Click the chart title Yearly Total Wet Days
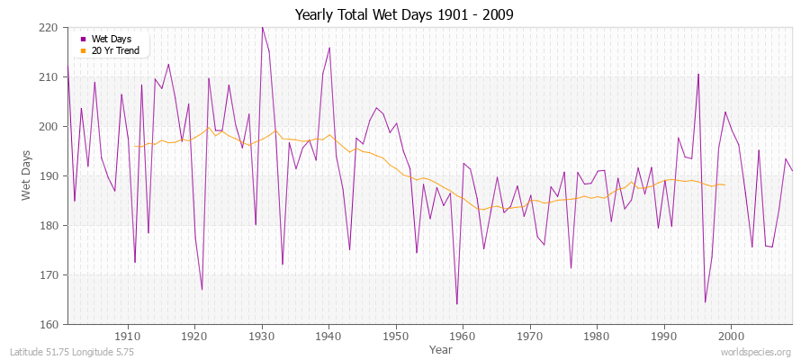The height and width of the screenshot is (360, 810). [x=404, y=15]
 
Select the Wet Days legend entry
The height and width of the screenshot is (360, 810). [x=111, y=40]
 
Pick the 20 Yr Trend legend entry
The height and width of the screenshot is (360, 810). [x=114, y=51]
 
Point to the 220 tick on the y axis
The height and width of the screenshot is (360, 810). [x=49, y=28]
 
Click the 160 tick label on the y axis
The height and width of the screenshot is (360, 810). [x=49, y=324]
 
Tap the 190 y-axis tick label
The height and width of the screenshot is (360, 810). [x=49, y=176]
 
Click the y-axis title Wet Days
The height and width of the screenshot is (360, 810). [x=28, y=175]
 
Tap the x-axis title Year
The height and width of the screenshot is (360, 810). [x=440, y=348]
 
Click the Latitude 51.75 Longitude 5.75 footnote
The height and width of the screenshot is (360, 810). [x=72, y=352]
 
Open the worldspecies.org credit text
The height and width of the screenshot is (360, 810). [x=755, y=352]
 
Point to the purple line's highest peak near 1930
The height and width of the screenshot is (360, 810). [x=262, y=27]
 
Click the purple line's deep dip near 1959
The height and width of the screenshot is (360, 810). [x=456, y=304]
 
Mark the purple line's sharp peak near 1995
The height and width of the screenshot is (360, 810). [x=697, y=74]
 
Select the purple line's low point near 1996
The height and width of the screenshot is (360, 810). [x=705, y=301]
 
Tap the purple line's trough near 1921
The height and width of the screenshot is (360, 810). [x=202, y=289]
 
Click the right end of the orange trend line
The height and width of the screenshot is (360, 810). [x=724, y=184]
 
